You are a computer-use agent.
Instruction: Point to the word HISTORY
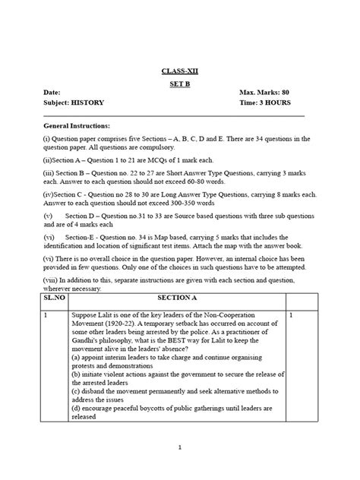(x=88, y=102)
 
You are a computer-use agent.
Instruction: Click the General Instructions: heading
(x=77, y=125)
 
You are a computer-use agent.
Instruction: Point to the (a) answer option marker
(x=76, y=355)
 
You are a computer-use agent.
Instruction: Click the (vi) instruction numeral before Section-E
(x=49, y=238)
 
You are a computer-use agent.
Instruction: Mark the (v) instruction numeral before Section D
(x=48, y=217)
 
